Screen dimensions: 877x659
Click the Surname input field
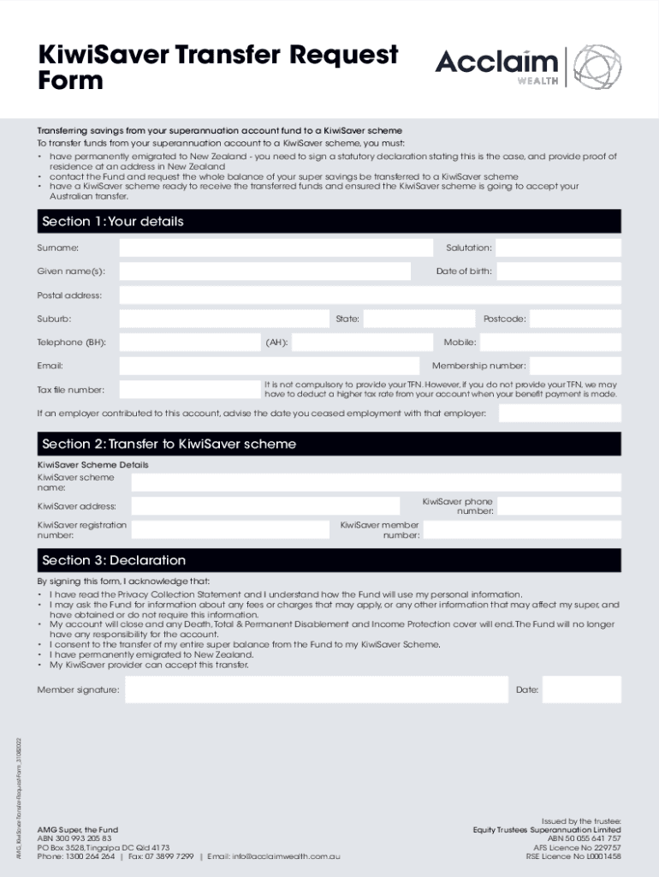[276, 248]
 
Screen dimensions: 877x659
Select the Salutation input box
[558, 248]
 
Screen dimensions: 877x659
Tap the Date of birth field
[558, 271]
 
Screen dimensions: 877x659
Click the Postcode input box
[576, 319]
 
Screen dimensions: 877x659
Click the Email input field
[269, 367]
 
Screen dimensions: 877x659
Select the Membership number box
[576, 367]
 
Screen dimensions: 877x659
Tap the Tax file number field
[189, 391]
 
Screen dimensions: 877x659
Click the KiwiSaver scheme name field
[376, 483]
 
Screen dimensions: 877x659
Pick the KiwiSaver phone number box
[559, 506]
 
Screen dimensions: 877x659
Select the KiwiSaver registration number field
[230, 529]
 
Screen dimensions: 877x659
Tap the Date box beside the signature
[581, 689]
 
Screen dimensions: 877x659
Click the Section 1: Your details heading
[113, 222]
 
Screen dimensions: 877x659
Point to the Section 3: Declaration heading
[114, 561]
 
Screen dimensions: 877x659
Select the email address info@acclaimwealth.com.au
[286, 856]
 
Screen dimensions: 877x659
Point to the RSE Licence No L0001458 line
[573, 856]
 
